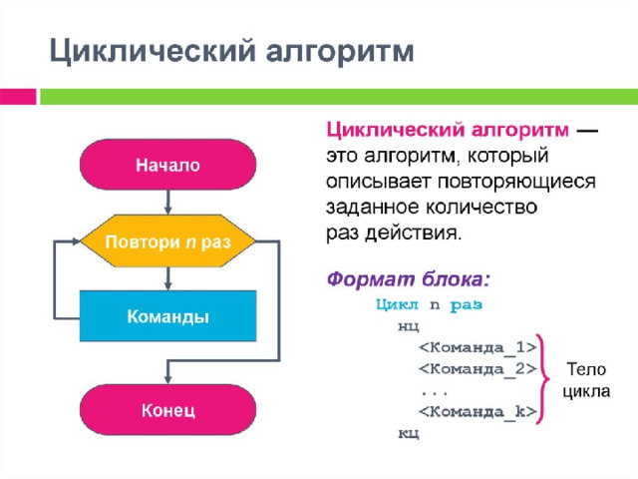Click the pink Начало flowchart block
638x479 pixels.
167,165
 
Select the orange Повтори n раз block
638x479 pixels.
167,242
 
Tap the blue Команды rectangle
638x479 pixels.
167,316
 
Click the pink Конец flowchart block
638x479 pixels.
167,410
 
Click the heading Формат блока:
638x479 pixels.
409,276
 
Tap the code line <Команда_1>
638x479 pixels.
477,346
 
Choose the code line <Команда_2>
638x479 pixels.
477,369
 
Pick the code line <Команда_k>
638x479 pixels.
477,411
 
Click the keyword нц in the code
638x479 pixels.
408,325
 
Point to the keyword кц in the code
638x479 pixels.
408,433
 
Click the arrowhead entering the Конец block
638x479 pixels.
167,380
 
